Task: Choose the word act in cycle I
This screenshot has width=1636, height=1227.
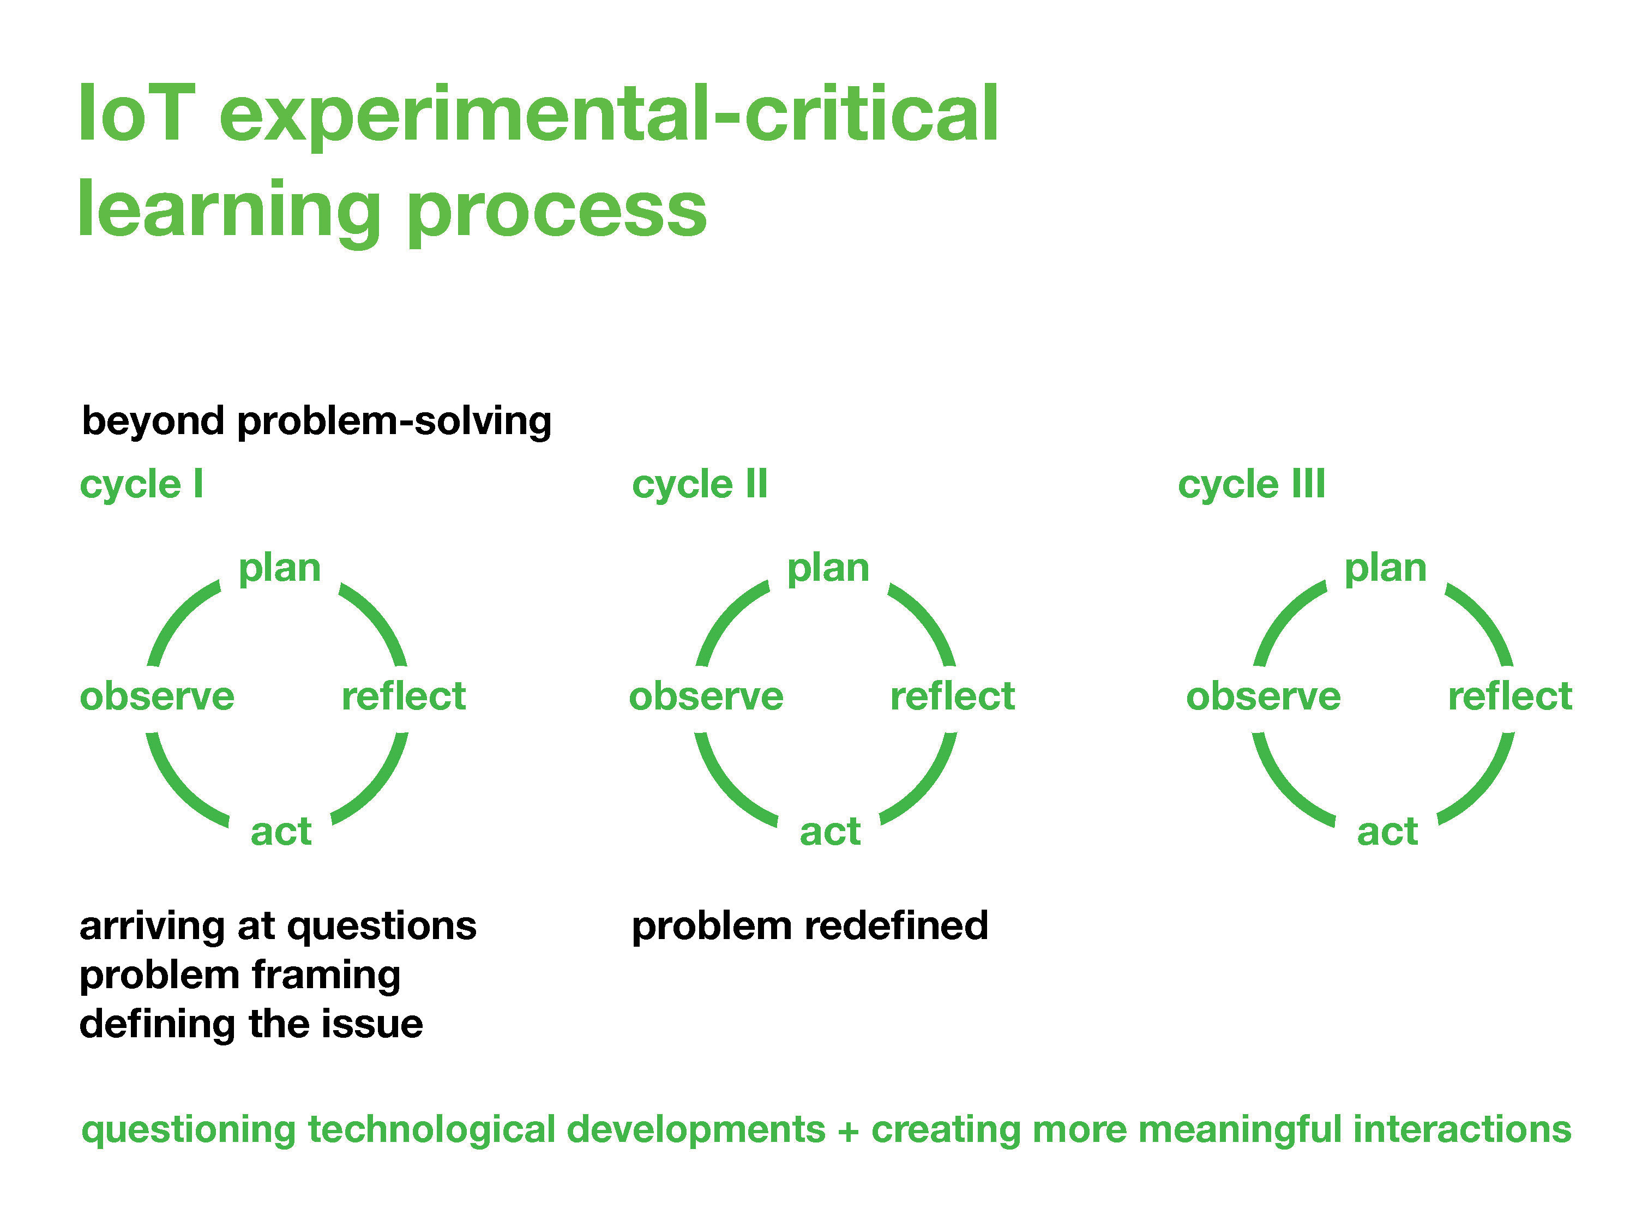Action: (281, 832)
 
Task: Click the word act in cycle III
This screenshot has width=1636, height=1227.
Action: (1387, 832)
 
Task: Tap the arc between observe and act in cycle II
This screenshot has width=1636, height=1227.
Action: (724, 790)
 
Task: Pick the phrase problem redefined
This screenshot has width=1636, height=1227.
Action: (810, 926)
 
